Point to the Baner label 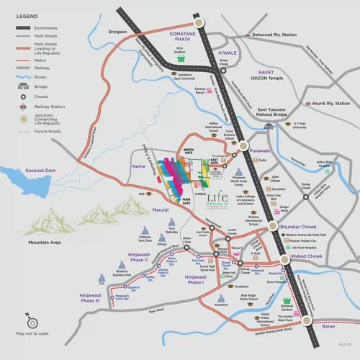tap(330, 327)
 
